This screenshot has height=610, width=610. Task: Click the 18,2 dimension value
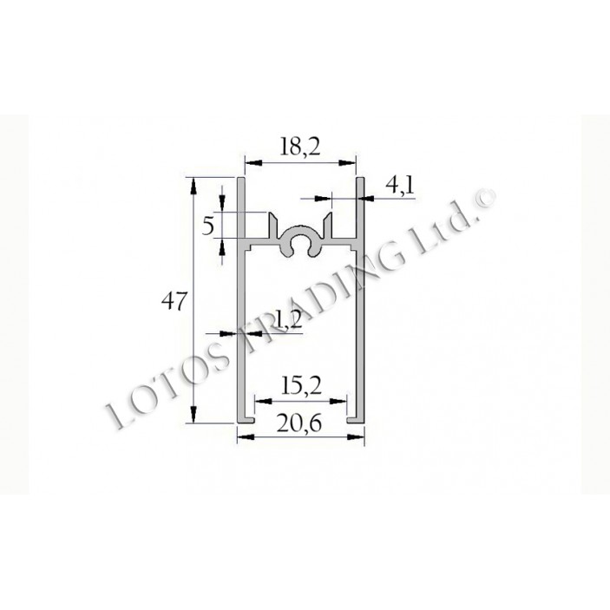pos(300,147)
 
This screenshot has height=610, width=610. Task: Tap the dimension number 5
pos(207,226)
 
